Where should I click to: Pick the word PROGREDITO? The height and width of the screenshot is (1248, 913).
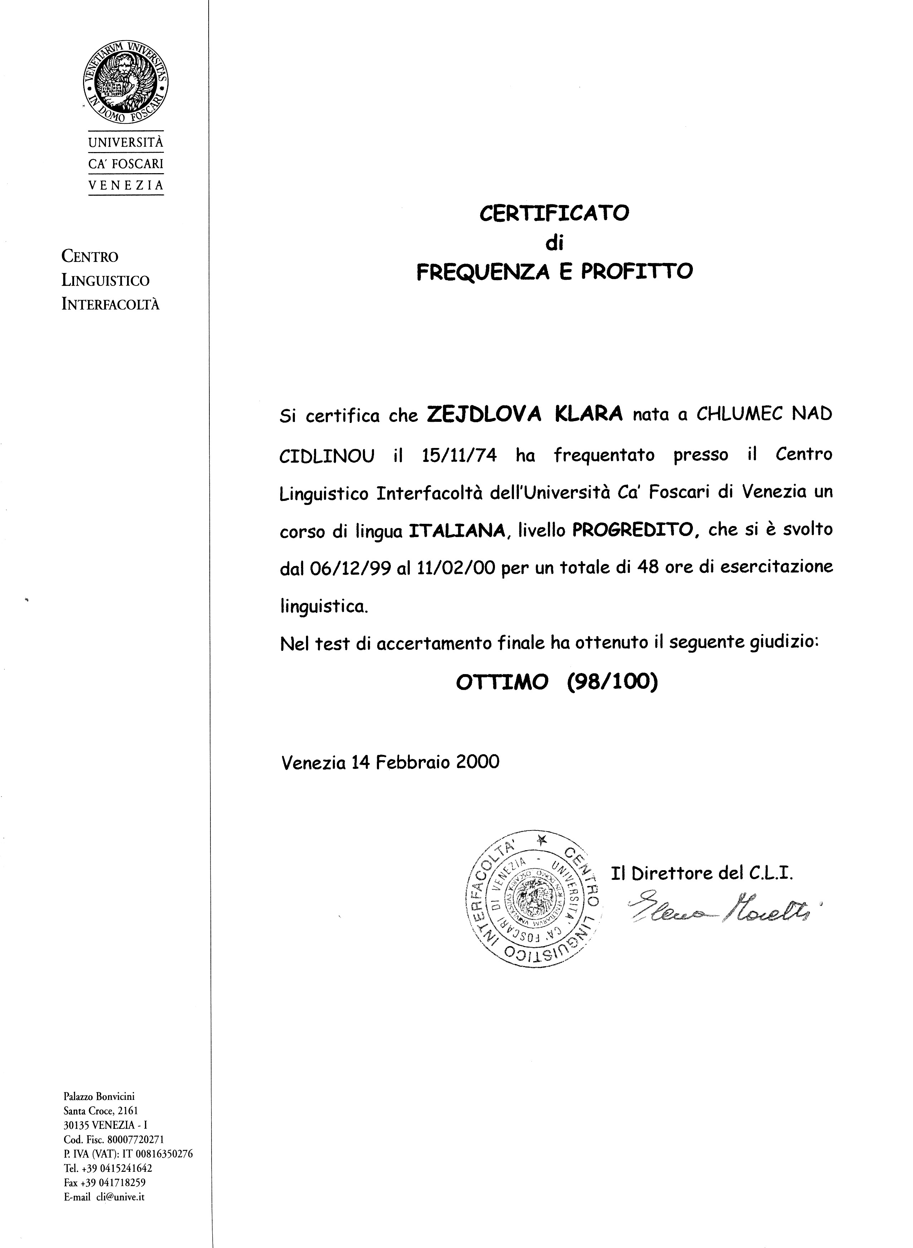[x=632, y=530]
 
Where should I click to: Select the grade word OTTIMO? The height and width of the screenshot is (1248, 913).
[x=502, y=683]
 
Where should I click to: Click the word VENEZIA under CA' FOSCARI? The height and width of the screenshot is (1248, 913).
[x=126, y=186]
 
